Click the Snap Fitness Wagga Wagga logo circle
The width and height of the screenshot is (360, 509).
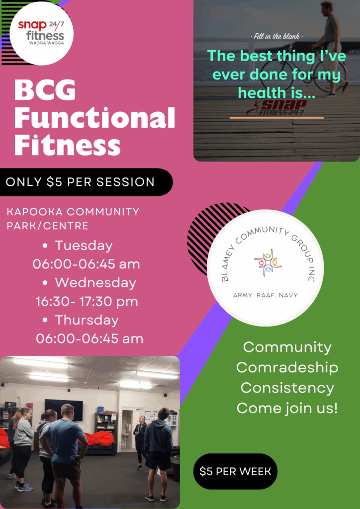pos(42,33)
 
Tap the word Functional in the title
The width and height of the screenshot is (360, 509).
pos(94,118)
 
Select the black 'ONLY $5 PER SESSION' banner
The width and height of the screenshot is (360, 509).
pos(86,182)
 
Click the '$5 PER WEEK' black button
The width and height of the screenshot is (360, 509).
pos(235,471)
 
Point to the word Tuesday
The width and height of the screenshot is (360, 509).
pos(84,246)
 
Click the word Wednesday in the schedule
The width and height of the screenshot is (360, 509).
pos(95,283)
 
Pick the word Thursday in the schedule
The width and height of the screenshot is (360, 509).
pos(87,320)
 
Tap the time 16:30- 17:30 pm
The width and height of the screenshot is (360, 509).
pos(87,302)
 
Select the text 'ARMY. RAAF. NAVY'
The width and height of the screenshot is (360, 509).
pos(265,295)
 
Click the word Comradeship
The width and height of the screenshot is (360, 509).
pos(287,368)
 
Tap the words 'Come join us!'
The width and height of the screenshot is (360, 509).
pos(287,408)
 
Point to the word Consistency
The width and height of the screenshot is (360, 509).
pos(287,388)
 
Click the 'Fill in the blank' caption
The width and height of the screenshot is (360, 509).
pos(276,36)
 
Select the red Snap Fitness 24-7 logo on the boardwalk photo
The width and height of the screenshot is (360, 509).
pos(276,107)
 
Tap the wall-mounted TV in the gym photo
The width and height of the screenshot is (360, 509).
pos(64,408)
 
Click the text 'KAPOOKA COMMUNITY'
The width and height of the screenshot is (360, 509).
pos(73,212)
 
